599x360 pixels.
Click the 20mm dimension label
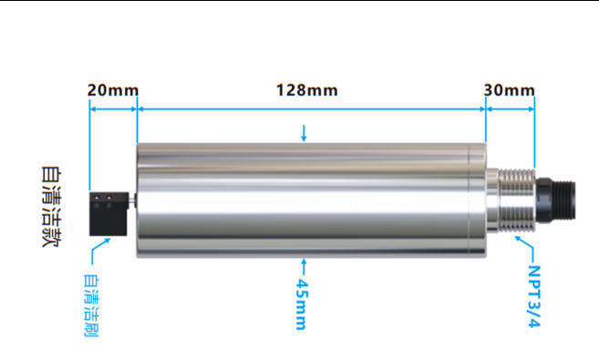113,90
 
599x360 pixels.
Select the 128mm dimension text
306,90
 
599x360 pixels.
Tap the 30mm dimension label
510,90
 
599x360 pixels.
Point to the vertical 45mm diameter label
302,304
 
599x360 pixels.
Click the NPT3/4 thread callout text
534,296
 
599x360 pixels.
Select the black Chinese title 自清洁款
51,207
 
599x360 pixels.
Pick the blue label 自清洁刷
91,305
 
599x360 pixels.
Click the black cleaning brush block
108,214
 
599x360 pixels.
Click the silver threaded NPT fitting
516,201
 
